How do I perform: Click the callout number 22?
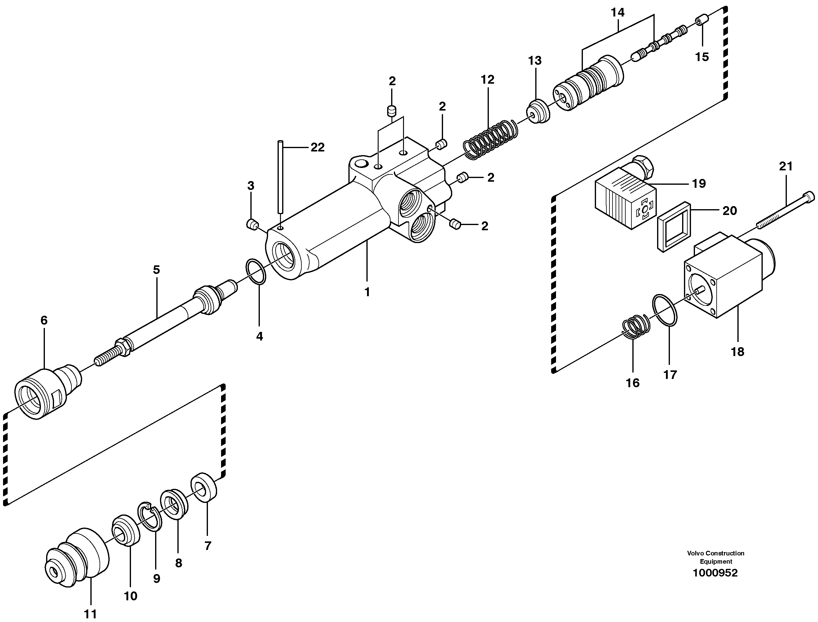tap(317, 147)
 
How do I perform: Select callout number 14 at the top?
tap(617, 13)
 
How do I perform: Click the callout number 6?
tap(44, 320)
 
